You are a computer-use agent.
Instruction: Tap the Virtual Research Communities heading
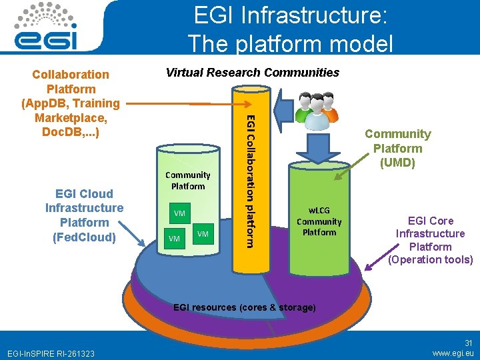tap(252, 73)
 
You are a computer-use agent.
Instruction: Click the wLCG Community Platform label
tap(319, 221)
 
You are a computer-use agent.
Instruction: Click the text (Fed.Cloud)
tap(84, 237)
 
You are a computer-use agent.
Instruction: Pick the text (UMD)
tap(397, 162)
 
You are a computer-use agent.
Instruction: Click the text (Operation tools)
tap(431, 259)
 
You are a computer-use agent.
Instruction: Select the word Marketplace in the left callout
tap(71, 117)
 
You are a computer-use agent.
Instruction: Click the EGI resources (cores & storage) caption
tap(244, 307)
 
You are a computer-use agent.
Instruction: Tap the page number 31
tap(468, 343)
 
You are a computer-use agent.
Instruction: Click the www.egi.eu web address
tap(453, 353)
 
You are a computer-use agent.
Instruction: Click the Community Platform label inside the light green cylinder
tap(187, 181)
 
